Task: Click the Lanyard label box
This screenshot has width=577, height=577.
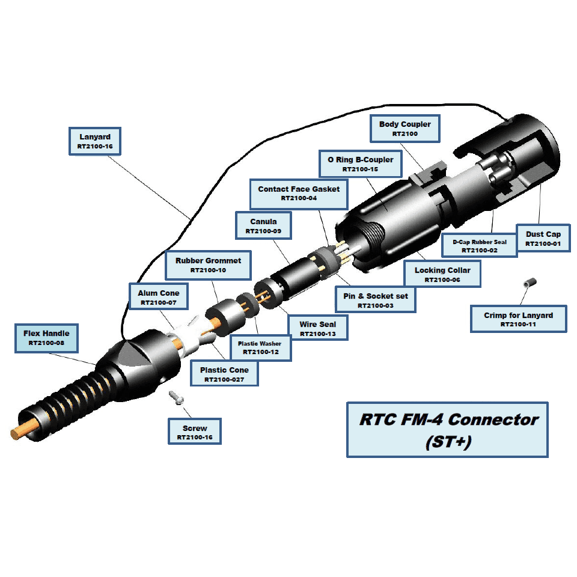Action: click(96, 141)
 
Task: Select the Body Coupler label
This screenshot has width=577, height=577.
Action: click(405, 129)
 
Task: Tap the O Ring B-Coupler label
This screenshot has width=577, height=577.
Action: click(360, 164)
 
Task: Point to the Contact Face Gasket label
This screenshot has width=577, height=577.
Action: click(299, 193)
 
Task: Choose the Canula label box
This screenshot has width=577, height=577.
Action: click(263, 226)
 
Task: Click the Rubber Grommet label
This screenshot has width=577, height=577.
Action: click(208, 265)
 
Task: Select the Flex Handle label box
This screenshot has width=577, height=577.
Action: click(46, 338)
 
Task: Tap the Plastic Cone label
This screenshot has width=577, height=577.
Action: click(224, 374)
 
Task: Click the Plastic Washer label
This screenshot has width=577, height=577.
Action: click(260, 347)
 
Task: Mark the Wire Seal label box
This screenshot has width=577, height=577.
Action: click(318, 328)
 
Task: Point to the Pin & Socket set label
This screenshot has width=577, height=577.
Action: click(374, 301)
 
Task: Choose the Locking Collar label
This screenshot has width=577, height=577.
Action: click(442, 275)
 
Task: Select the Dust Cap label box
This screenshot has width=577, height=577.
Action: click(543, 238)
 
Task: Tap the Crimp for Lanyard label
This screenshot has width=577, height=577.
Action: click(518, 319)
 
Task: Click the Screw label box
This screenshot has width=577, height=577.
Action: click(195, 433)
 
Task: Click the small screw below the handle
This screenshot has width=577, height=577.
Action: click(176, 396)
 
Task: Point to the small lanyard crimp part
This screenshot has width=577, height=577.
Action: click(530, 282)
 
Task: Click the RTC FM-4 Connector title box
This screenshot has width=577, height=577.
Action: click(447, 429)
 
